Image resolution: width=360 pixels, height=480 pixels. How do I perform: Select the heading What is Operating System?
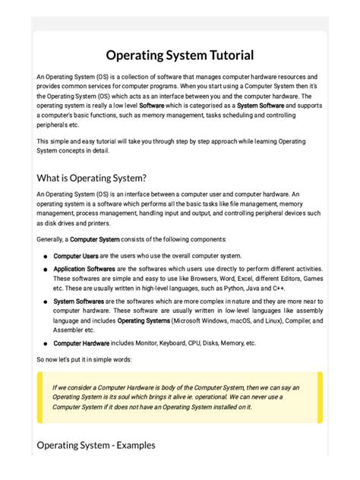(91, 178)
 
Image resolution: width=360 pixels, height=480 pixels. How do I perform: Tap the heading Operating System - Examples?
(96, 445)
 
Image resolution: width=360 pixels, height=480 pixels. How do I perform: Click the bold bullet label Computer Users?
(75, 256)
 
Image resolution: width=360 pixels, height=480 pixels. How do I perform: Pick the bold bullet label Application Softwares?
(84, 268)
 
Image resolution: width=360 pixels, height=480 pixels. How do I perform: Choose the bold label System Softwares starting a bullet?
(78, 302)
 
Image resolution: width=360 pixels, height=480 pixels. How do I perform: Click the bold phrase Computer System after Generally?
(95, 239)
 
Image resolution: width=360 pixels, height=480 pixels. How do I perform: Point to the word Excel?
(245, 279)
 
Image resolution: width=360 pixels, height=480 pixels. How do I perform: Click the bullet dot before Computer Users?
(45, 257)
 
